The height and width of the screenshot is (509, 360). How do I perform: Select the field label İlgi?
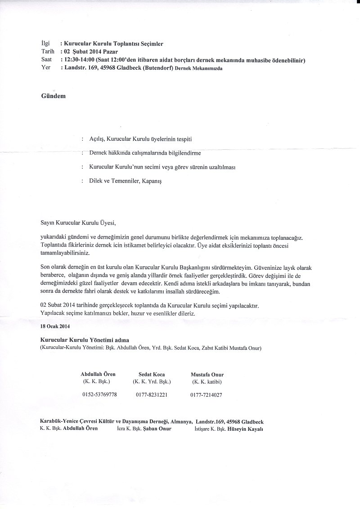point(45,44)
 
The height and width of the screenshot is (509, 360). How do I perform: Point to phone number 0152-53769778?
point(100,395)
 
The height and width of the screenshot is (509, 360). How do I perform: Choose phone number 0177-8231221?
point(152,395)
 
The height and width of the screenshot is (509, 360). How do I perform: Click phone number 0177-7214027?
point(206,395)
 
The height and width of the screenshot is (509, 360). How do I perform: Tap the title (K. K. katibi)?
point(207,382)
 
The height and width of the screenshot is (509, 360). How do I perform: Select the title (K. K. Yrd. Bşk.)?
point(152,382)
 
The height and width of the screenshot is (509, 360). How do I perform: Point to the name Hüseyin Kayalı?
point(245,429)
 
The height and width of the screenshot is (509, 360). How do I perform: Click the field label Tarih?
point(47,52)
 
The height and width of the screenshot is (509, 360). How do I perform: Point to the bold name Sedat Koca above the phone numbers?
point(152,375)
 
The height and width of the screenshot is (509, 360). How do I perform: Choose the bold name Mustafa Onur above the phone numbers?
point(207,375)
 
